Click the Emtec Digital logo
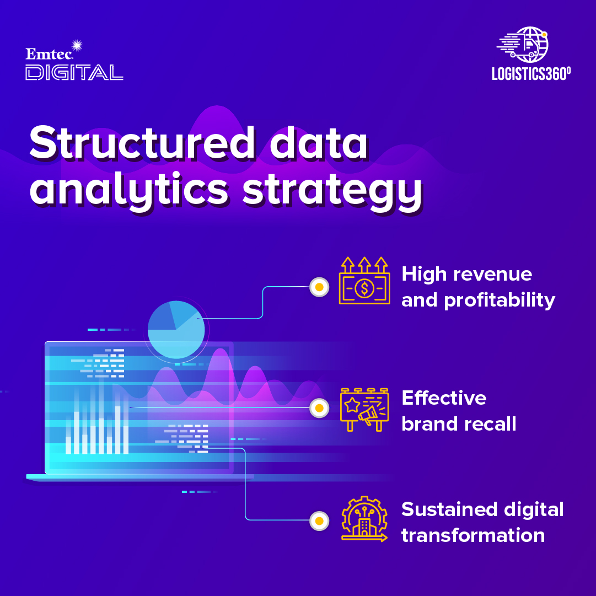pyautogui.click(x=74, y=62)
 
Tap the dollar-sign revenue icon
pyautogui.click(x=364, y=281)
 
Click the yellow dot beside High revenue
pyautogui.click(x=319, y=287)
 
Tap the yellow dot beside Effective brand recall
pyautogui.click(x=319, y=408)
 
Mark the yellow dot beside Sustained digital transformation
pyautogui.click(x=319, y=520)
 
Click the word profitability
pyautogui.click(x=500, y=301)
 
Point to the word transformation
pyautogui.click(x=473, y=535)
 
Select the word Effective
pyautogui.click(x=444, y=398)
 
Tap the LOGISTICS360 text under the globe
pyautogui.click(x=531, y=74)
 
